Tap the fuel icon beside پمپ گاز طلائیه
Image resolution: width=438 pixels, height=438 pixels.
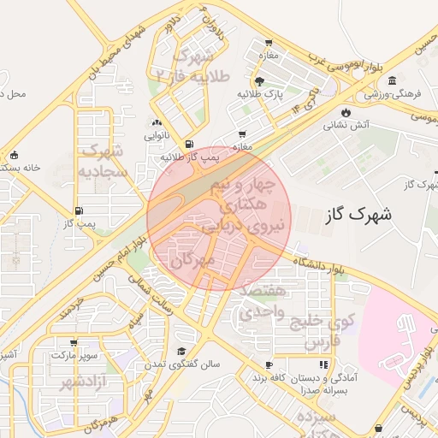(x=188, y=144)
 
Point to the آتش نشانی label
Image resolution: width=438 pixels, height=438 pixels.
(x=346, y=125)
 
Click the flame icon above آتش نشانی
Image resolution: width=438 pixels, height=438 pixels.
(x=346, y=112)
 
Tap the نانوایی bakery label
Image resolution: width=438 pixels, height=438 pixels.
(x=155, y=135)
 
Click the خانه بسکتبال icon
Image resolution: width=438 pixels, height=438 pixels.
(x=14, y=155)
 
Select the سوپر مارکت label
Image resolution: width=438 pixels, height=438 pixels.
(x=75, y=354)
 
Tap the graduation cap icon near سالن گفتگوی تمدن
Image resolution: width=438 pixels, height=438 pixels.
(x=181, y=351)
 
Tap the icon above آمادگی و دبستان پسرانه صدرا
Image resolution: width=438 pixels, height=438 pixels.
(x=323, y=365)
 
